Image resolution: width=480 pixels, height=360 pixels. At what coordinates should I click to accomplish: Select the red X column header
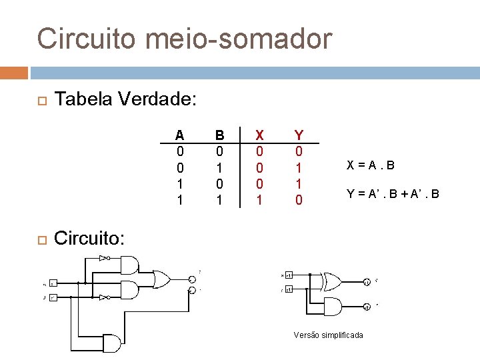(x=259, y=135)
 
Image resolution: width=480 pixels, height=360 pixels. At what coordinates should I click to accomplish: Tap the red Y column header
(x=299, y=135)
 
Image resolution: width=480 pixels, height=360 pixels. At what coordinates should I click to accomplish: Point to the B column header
(x=219, y=135)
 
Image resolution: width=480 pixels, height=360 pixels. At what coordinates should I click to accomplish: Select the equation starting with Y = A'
(x=393, y=195)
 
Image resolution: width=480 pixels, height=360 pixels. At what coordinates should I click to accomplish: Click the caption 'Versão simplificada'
(x=329, y=335)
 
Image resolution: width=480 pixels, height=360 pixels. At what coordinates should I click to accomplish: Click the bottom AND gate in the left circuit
(x=111, y=343)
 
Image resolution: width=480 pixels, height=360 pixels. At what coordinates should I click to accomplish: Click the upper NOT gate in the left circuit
(x=103, y=257)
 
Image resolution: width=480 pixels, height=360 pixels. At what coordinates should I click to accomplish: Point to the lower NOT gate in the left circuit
(x=103, y=297)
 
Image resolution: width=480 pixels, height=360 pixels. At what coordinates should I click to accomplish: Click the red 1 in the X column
(x=259, y=199)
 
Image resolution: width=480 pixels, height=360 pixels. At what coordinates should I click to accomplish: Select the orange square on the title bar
(x=14, y=73)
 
